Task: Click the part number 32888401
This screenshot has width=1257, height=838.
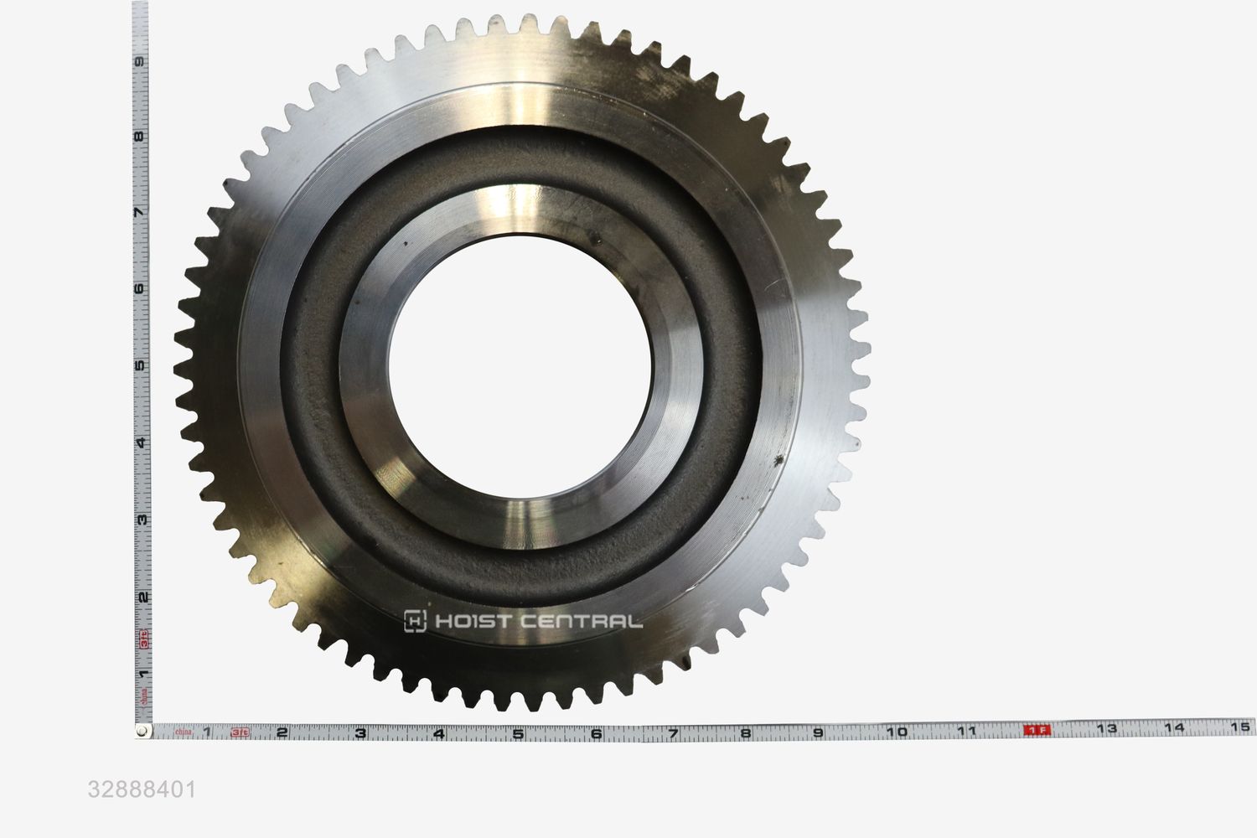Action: (142, 789)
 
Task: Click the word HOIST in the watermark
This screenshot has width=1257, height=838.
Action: (470, 621)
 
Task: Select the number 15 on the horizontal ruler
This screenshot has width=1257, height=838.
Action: (1241, 727)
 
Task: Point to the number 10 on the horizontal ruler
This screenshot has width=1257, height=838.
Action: (896, 731)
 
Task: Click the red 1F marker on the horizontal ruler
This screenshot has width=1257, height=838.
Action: (1037, 730)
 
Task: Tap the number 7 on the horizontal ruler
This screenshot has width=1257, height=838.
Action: (673, 732)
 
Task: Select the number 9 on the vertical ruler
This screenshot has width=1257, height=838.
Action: (143, 61)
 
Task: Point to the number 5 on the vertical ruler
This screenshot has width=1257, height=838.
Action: (143, 365)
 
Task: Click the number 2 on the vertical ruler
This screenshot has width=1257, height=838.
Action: (143, 597)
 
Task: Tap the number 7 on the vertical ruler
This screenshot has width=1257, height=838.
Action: (143, 213)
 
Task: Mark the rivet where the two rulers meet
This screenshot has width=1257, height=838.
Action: (143, 732)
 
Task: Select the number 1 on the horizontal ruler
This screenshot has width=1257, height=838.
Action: (206, 733)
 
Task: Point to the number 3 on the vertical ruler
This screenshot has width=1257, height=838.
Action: (143, 519)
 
